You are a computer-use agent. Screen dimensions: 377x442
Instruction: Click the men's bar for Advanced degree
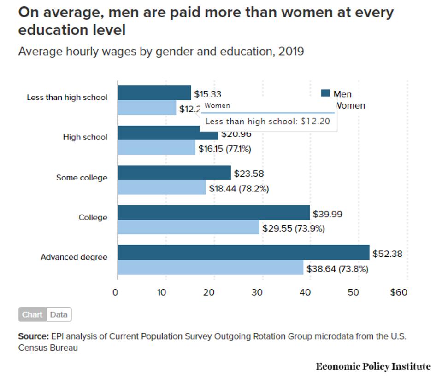(243, 253)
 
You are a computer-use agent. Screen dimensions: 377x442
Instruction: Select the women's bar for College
(189, 227)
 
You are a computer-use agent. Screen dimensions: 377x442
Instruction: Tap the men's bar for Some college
(174, 173)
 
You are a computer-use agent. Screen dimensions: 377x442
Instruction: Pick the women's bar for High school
(157, 148)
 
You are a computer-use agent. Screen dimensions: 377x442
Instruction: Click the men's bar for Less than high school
(154, 93)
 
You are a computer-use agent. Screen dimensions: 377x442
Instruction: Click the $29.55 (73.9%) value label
(294, 228)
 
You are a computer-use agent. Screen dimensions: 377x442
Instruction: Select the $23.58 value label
(249, 174)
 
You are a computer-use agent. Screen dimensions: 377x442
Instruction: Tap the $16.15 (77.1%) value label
(224, 149)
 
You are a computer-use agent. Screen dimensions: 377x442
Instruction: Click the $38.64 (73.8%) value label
(337, 269)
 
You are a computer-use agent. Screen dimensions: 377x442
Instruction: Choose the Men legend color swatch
(325, 93)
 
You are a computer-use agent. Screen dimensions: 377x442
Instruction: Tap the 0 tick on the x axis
(115, 293)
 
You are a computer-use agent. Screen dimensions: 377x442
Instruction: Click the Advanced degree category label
(74, 257)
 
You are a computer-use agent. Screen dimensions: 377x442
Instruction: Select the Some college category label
(82, 178)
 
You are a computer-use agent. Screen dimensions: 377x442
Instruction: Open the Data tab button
(59, 315)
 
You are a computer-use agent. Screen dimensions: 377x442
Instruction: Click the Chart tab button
(32, 315)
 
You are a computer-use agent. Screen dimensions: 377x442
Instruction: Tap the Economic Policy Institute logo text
(373, 366)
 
